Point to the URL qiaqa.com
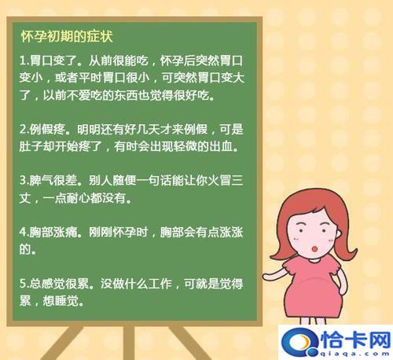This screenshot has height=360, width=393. point(351,352)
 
